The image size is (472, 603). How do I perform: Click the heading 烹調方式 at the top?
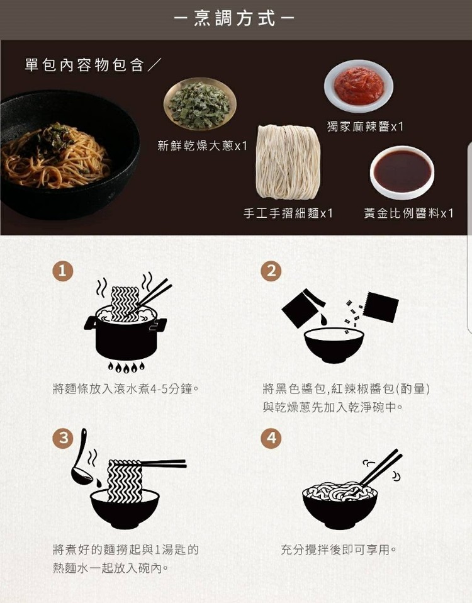point(235,18)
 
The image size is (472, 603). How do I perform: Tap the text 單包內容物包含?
point(84,65)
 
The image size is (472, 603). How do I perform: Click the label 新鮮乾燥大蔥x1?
point(202,146)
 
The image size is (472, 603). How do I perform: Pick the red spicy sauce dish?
point(359,86)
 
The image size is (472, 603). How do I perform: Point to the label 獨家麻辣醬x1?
point(365,127)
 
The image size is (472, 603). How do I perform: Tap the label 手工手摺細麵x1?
point(288,213)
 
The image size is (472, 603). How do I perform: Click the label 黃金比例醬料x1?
point(408,213)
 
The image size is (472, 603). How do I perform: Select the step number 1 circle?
point(63,271)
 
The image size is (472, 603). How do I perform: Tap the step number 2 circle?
point(271,271)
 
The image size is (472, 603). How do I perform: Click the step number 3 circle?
point(64,437)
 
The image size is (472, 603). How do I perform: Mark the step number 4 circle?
point(271,437)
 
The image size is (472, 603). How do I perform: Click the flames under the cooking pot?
point(126,367)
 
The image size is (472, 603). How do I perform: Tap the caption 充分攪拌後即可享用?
point(338,549)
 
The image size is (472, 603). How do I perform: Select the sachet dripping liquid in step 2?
point(303,308)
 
